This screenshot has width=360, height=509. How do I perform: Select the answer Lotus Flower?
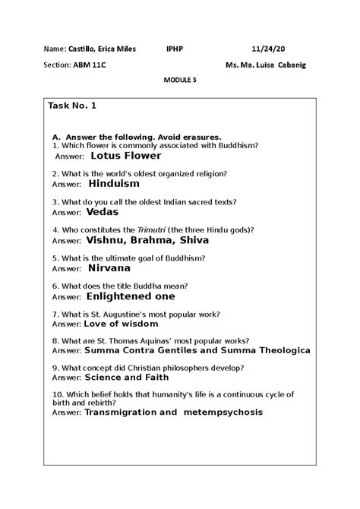[125, 156]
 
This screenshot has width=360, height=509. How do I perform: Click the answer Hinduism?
[114, 184]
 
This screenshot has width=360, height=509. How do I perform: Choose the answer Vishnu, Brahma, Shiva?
[147, 240]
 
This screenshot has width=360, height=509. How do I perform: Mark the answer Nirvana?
[109, 268]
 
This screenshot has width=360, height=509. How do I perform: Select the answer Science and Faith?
[127, 376]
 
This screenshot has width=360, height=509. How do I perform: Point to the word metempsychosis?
[223, 413]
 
